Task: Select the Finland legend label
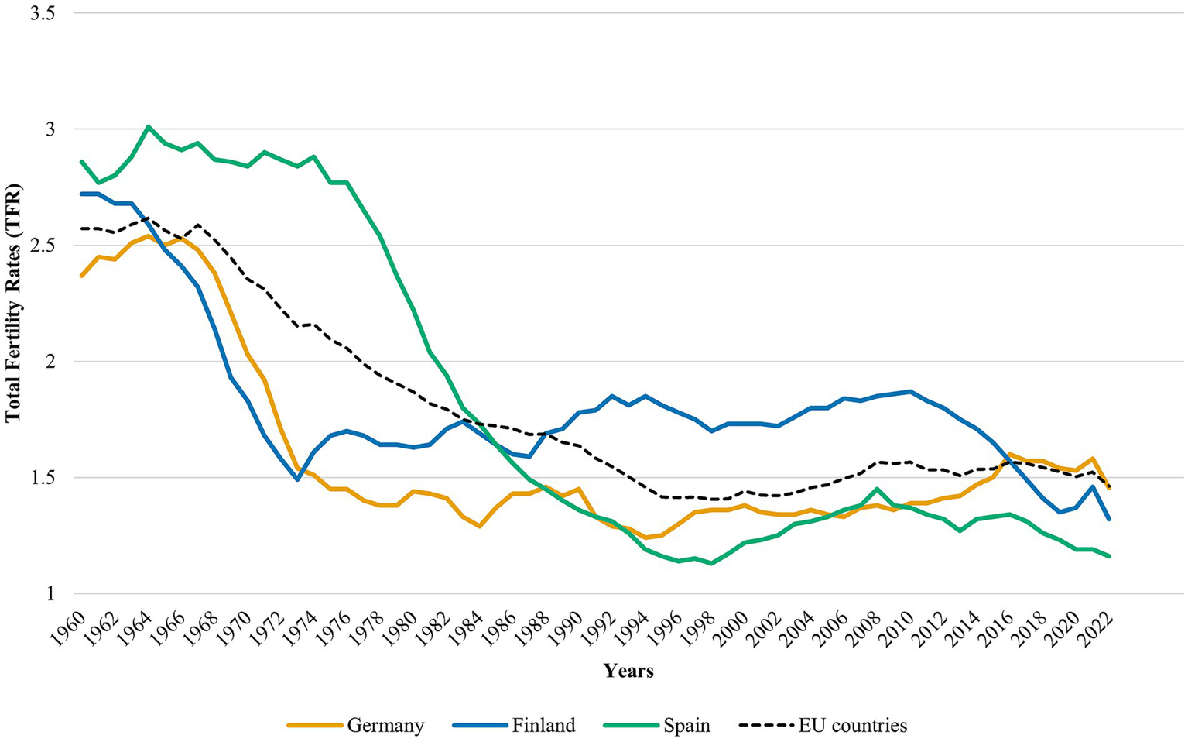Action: tap(543, 726)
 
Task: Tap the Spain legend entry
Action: tap(686, 726)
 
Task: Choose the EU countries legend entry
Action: tap(852, 726)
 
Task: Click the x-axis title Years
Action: tap(628, 671)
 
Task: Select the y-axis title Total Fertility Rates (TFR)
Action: tap(13, 303)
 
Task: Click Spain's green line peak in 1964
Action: tap(148, 126)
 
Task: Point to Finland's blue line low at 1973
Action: tap(297, 479)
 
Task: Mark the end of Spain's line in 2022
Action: tap(1109, 556)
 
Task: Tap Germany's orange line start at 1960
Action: tap(81, 276)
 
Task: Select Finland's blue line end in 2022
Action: tap(1109, 519)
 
